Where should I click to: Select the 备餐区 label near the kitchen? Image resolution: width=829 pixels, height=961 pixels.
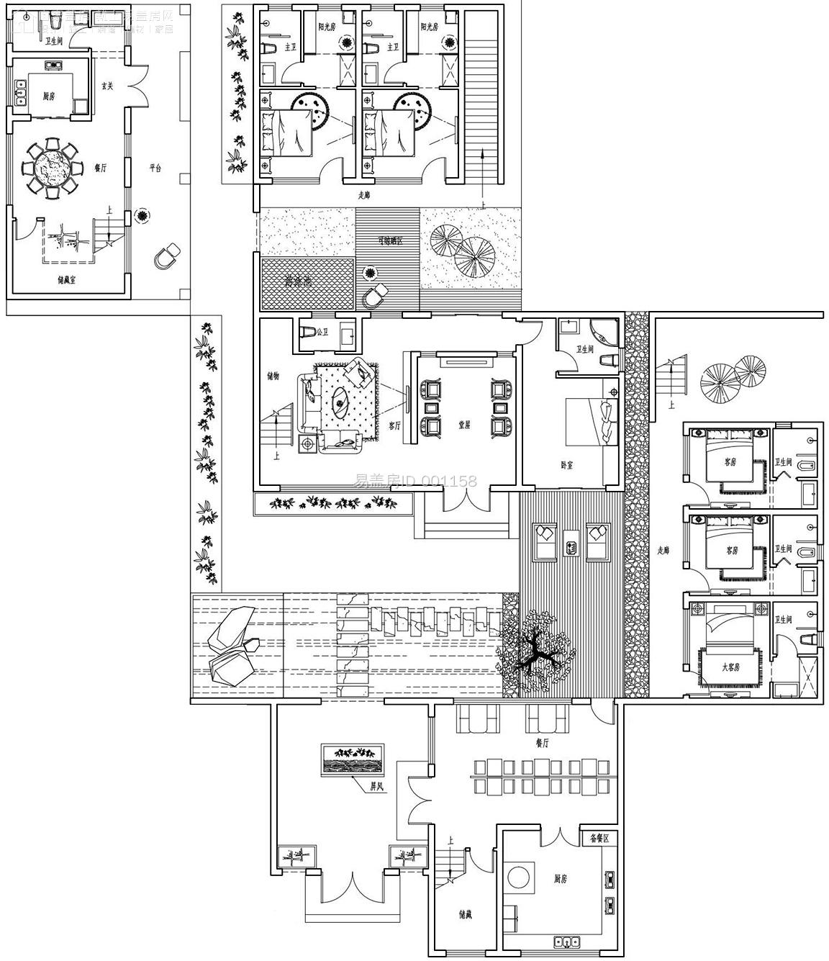pos(599,839)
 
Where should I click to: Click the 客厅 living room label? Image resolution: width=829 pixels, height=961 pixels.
pos(394,425)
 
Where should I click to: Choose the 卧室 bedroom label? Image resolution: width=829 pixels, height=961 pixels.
pos(566,466)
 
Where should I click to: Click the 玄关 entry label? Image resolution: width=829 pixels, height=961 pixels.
pos(107,86)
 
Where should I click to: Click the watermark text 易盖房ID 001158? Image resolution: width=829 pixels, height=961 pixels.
pos(415,480)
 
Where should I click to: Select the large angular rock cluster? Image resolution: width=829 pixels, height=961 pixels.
pos(230,646)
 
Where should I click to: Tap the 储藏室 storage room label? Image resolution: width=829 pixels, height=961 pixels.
pos(68,281)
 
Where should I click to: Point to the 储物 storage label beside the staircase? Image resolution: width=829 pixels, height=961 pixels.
pos(273,376)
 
